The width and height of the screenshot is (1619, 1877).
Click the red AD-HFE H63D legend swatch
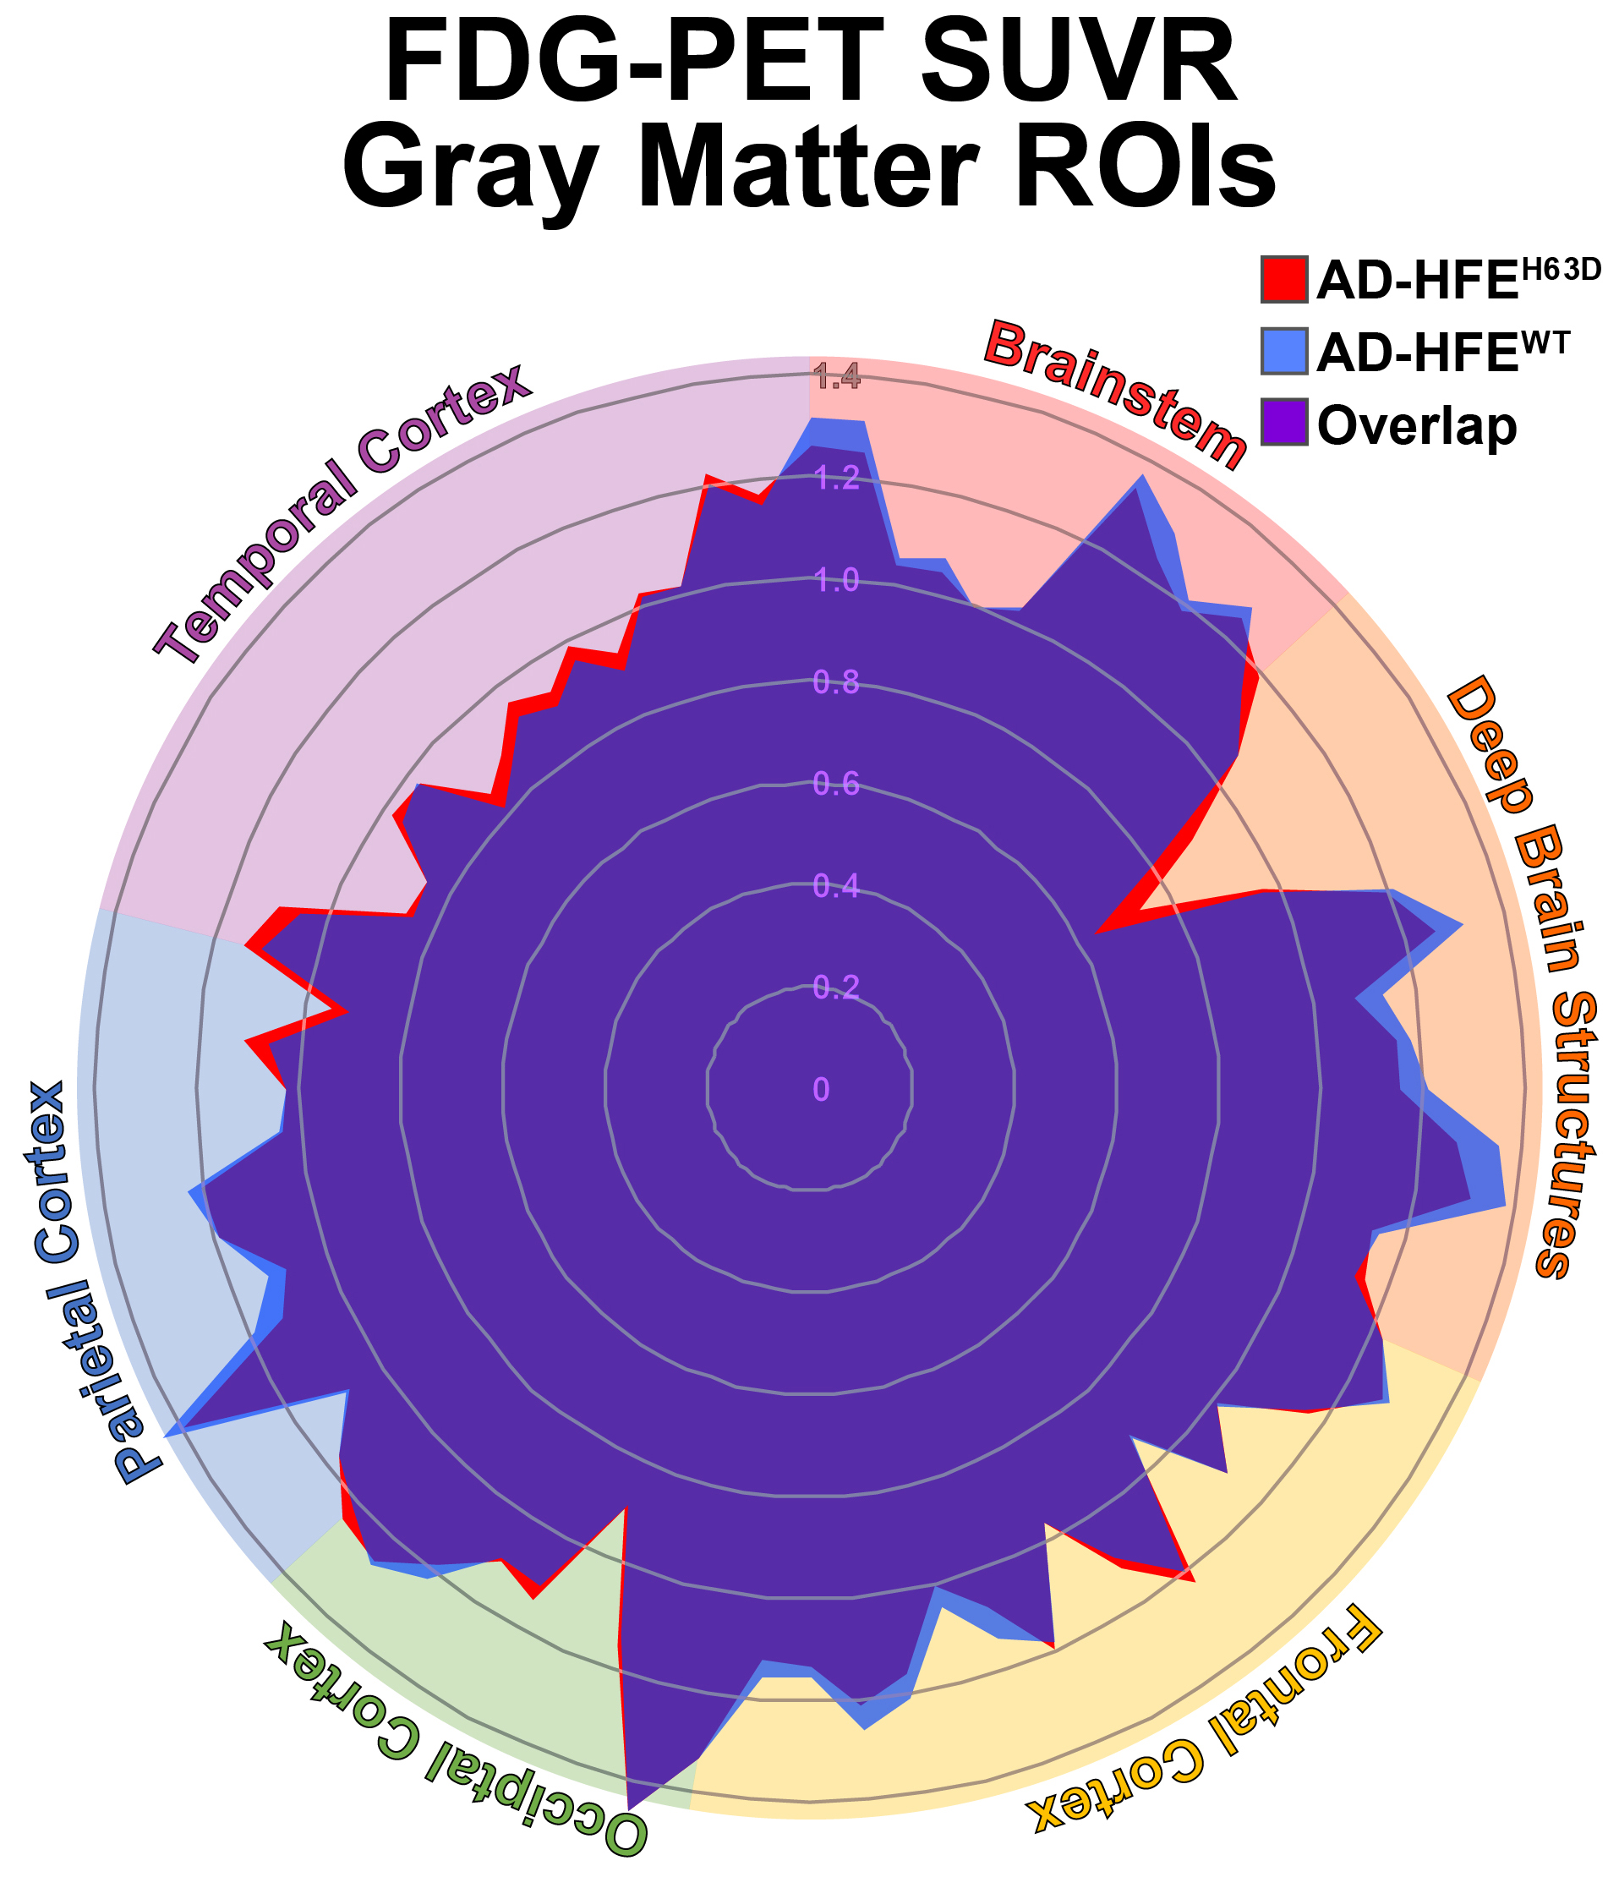[1283, 280]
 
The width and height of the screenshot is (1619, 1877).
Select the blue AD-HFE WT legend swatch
[1283, 352]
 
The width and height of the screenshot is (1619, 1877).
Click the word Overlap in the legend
[1417, 424]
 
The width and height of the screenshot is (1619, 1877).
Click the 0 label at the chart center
[821, 1089]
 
